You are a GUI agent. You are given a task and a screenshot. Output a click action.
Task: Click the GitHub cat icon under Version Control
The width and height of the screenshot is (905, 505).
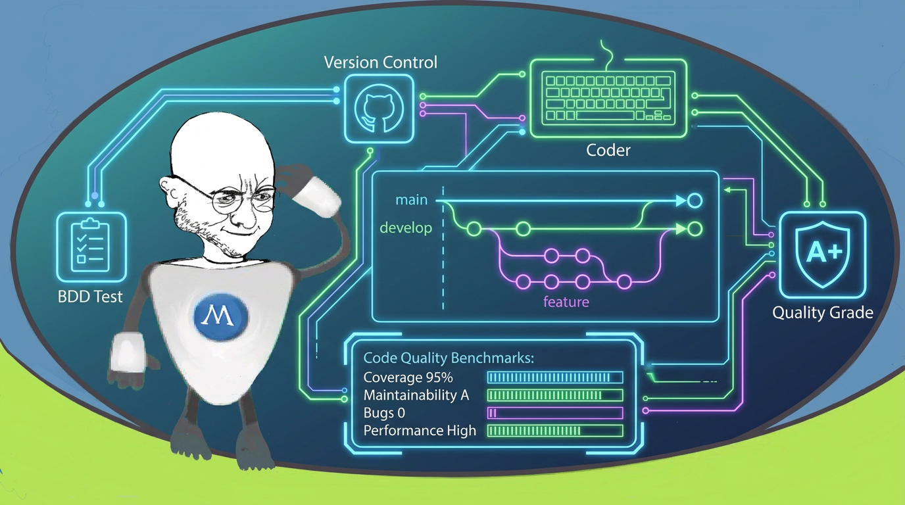[x=379, y=108]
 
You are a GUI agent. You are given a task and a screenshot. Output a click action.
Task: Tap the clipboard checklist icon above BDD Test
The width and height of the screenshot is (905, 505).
[x=91, y=246]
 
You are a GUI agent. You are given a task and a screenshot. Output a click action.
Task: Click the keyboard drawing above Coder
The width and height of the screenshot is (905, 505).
[x=608, y=98]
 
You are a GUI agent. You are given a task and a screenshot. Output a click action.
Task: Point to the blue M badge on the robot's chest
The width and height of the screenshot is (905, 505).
[x=220, y=316]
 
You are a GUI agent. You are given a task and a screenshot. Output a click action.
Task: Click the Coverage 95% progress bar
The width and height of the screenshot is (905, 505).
[x=555, y=377]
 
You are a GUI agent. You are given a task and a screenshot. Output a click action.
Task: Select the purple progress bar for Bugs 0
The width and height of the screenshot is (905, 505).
[x=555, y=413]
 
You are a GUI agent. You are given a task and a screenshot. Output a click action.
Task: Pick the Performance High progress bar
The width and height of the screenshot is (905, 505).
[x=555, y=431]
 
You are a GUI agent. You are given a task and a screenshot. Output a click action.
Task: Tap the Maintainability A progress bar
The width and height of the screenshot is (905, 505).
[x=555, y=395]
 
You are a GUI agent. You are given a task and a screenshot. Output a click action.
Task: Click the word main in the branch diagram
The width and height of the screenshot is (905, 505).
[x=411, y=200]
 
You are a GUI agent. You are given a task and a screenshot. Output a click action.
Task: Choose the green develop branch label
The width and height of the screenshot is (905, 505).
[x=406, y=228]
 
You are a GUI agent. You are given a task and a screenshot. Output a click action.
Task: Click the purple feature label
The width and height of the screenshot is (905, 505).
[x=566, y=302]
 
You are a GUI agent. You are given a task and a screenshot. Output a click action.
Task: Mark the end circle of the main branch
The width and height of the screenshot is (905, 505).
[x=695, y=201]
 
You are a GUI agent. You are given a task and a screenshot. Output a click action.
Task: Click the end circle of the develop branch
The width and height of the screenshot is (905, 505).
[x=695, y=229]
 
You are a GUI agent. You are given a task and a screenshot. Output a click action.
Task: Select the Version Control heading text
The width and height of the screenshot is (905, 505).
[x=381, y=62]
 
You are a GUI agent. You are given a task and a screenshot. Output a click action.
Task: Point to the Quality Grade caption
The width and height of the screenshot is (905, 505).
[x=823, y=313]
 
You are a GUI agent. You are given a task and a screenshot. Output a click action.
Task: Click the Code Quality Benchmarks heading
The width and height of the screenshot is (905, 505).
[x=449, y=358]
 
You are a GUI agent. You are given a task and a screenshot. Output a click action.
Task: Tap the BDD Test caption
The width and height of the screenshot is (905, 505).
[x=90, y=297]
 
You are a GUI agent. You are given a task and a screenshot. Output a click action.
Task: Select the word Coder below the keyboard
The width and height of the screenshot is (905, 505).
[x=608, y=151]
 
